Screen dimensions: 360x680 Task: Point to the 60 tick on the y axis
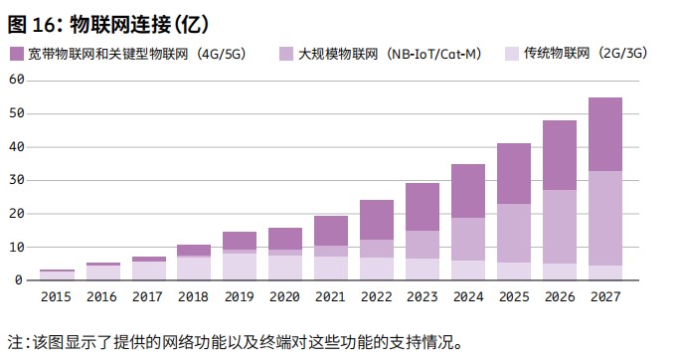coord(16,81)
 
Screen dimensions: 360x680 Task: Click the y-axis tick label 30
coord(16,180)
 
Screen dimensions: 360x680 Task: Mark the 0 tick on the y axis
coord(19,280)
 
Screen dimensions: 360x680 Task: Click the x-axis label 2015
coord(57,296)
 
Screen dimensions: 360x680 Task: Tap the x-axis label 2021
coord(331,296)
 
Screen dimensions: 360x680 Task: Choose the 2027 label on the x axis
coord(605,296)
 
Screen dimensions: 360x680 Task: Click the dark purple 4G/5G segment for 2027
coord(605,134)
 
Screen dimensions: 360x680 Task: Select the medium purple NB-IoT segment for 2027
coord(605,218)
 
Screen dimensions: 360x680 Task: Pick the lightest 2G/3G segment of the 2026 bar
coord(560,271)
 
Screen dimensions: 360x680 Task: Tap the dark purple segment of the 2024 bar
coord(468,191)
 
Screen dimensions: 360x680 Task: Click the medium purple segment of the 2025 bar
coord(514,233)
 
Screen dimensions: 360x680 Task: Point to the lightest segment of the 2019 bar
coord(240,267)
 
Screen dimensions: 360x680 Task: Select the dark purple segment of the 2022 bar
coord(377,220)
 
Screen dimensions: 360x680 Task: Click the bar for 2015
coord(57,274)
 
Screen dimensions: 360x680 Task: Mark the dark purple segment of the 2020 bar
coord(285,239)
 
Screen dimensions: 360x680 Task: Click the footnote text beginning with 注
coord(235,341)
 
